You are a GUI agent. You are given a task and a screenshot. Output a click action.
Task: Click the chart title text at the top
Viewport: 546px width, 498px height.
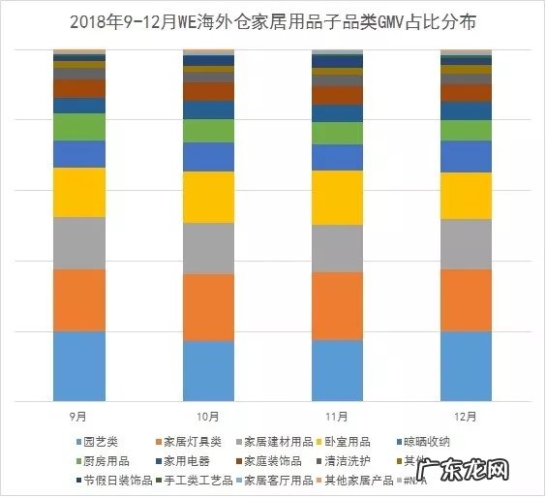273,20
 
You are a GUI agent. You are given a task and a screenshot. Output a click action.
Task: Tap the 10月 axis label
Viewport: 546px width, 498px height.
208,416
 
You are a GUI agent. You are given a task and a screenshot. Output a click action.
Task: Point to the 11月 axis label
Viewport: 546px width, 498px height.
337,416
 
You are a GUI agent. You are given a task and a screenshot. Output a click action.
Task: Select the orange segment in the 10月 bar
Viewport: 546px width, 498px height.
208,307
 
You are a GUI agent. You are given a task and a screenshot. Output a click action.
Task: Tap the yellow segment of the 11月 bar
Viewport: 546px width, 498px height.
337,198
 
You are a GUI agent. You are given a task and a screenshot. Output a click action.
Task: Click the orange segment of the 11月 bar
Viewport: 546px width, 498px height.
337,305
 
